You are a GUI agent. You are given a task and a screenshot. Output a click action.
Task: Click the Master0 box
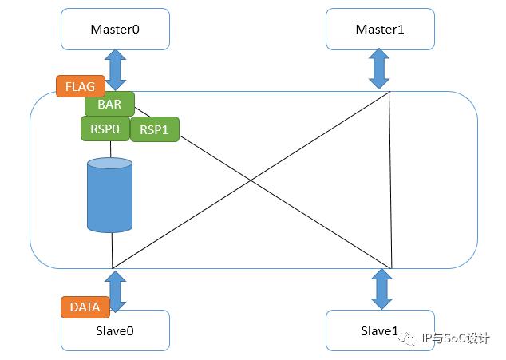[115, 29]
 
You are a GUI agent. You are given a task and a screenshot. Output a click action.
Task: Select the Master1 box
[380, 29]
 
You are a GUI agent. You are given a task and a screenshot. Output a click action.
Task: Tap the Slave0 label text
[115, 331]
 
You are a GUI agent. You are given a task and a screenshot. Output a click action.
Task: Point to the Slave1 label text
[380, 331]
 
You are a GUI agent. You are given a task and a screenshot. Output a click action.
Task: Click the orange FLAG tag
[81, 86]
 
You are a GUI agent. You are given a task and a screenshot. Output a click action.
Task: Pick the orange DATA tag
[85, 307]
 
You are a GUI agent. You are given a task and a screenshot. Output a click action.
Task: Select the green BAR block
[109, 104]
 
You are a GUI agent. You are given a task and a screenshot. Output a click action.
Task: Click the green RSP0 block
[105, 129]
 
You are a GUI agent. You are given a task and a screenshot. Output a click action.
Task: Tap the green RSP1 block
[154, 129]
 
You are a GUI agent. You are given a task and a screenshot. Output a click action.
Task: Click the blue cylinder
[109, 195]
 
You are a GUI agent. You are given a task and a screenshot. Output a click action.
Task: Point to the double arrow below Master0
[115, 69]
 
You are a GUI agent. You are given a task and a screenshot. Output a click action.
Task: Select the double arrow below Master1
[379, 69]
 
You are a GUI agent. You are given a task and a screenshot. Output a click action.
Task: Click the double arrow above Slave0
[115, 291]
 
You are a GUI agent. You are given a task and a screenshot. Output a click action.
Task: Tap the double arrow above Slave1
[381, 289]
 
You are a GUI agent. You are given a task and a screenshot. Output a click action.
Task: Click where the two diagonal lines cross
[251, 180]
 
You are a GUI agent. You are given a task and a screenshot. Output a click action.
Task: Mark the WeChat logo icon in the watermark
[407, 338]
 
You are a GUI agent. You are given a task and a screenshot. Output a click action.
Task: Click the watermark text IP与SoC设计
[456, 338]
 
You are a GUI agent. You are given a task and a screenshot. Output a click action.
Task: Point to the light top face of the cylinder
[109, 163]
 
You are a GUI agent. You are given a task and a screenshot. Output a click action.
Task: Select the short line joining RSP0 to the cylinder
[111, 149]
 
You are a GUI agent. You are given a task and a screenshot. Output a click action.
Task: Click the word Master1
[380, 29]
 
